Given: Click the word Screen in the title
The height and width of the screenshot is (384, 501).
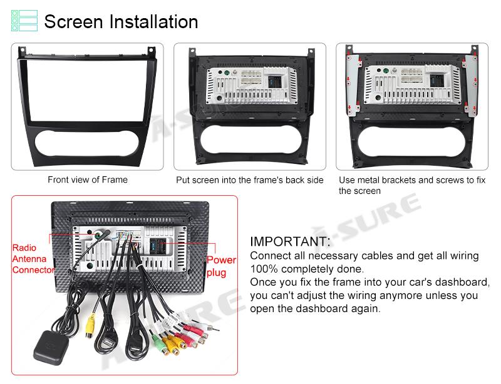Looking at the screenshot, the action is pos(73,22).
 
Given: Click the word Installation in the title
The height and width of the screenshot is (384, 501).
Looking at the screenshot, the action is pos(153,22).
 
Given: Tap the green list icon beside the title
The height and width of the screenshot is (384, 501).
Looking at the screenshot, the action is pos(24,21).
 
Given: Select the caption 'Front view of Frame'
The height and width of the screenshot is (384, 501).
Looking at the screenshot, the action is pos(88,179).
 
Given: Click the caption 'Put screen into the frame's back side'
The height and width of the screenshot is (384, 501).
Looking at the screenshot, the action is pos(250,180).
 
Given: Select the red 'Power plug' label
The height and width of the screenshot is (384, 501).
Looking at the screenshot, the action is pos(221,266).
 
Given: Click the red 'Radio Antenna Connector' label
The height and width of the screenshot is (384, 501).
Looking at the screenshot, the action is pos(33,259).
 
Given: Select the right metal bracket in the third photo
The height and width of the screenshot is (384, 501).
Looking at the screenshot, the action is pos(471,84).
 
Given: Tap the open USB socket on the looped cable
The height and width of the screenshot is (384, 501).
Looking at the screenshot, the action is pos(108,345).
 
